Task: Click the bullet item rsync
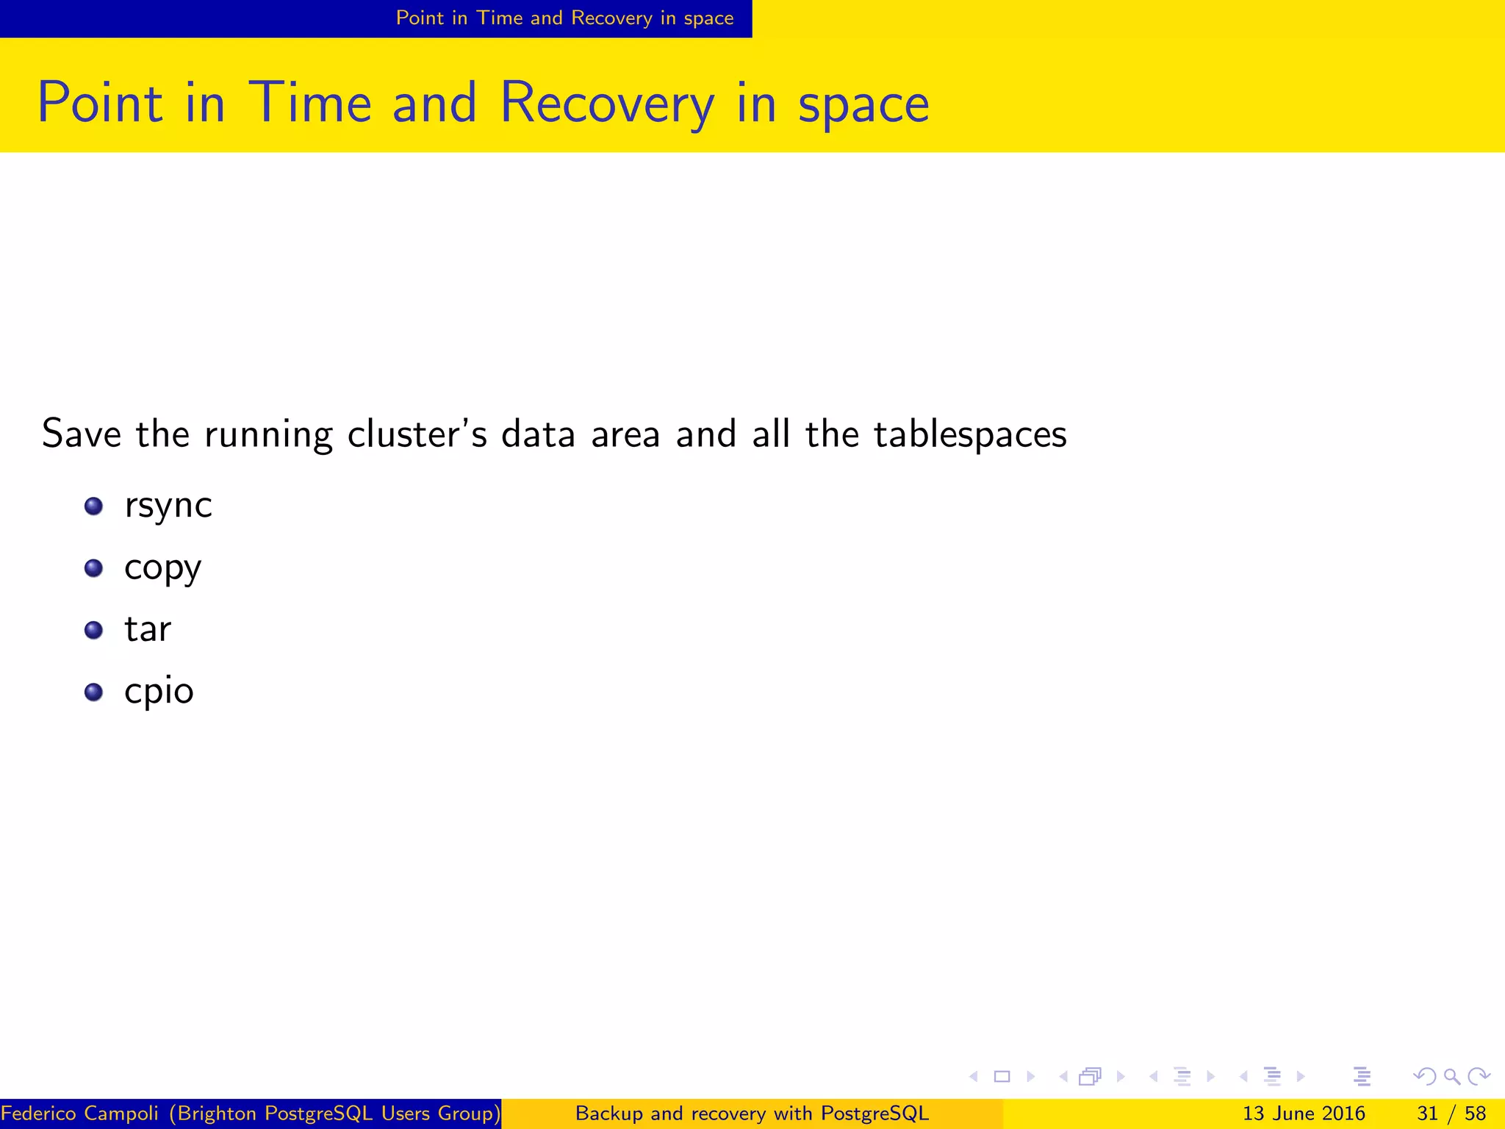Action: [168, 506]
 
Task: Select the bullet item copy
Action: [162, 568]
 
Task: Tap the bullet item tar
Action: [148, 630]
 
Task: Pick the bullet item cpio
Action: [159, 692]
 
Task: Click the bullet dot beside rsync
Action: [93, 506]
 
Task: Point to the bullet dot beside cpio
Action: [93, 692]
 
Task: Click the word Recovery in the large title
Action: [606, 103]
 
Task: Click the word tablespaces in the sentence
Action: [970, 434]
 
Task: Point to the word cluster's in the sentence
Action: [417, 434]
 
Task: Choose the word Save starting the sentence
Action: [82, 434]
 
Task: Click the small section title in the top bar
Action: [564, 18]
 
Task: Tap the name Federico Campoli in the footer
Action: [79, 1113]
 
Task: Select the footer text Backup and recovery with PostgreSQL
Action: [752, 1113]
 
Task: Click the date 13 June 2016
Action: [1303, 1113]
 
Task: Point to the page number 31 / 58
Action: [1451, 1113]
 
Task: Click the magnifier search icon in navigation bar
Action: [1451, 1077]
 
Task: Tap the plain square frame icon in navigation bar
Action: [1002, 1077]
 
